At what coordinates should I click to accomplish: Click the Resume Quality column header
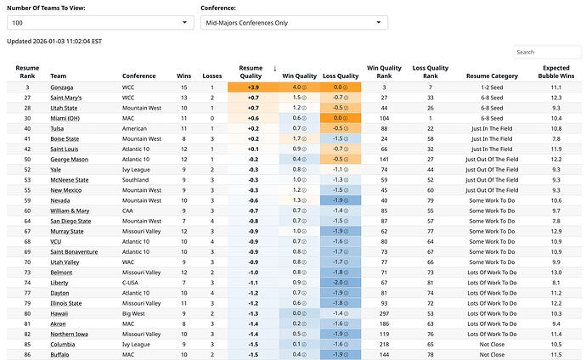[x=251, y=71]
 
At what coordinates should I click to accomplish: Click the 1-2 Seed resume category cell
[x=486, y=87]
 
